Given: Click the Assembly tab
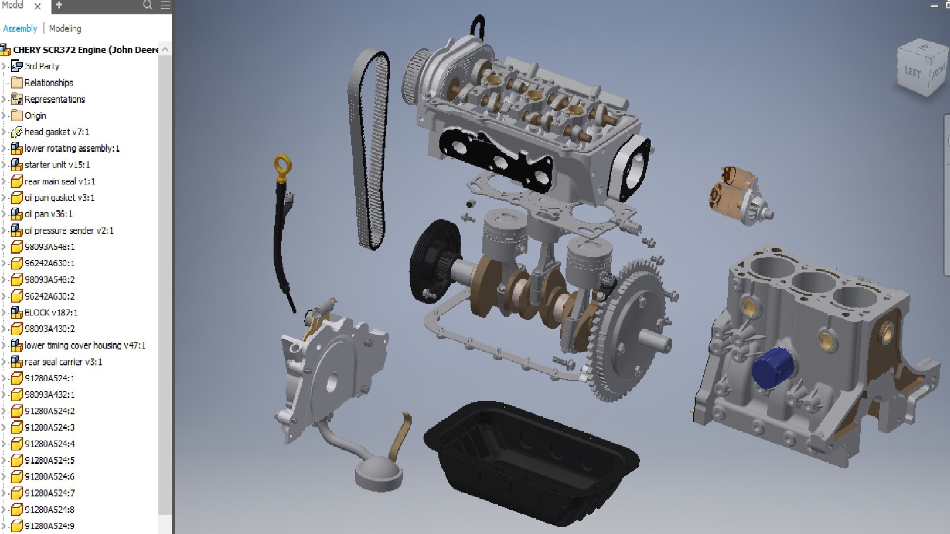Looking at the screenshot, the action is [20, 28].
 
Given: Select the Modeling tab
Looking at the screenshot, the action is [65, 28].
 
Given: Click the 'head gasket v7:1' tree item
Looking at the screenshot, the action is [56, 132].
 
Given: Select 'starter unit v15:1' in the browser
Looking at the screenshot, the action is [57, 165].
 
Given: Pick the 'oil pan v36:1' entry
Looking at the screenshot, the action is [48, 214].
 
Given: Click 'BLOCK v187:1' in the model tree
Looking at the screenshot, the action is [51, 312].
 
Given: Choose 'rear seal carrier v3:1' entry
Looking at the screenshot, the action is [63, 362].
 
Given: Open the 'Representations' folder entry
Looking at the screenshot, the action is [54, 99].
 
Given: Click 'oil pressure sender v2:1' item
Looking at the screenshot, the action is [69, 230].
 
